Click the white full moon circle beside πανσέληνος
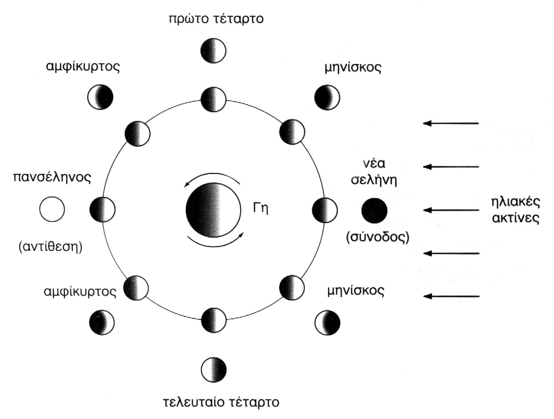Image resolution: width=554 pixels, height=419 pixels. (51, 209)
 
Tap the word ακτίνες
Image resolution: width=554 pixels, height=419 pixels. (513, 218)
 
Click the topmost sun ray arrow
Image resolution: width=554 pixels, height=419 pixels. (451, 123)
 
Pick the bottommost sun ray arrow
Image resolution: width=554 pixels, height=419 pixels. (451, 296)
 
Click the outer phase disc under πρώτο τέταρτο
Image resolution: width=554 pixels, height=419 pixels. (213, 51)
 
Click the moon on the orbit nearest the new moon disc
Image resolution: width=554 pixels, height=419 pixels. (324, 209)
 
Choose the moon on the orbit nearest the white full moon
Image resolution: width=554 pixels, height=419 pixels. (102, 209)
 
